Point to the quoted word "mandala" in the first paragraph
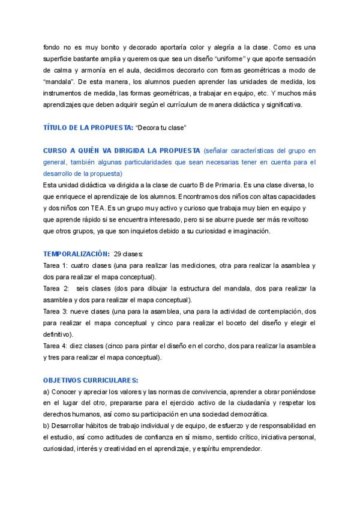pyautogui.click(x=59, y=81)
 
